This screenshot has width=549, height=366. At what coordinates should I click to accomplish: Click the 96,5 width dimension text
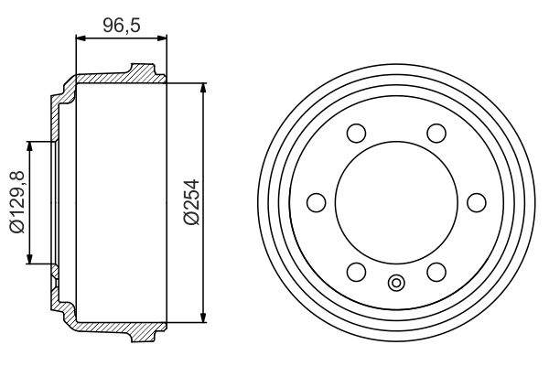[x=120, y=25]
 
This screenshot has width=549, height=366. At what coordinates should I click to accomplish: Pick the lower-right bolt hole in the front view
[x=436, y=271]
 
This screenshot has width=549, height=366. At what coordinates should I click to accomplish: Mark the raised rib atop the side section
[x=142, y=70]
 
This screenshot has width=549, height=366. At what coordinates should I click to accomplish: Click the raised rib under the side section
[x=142, y=335]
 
